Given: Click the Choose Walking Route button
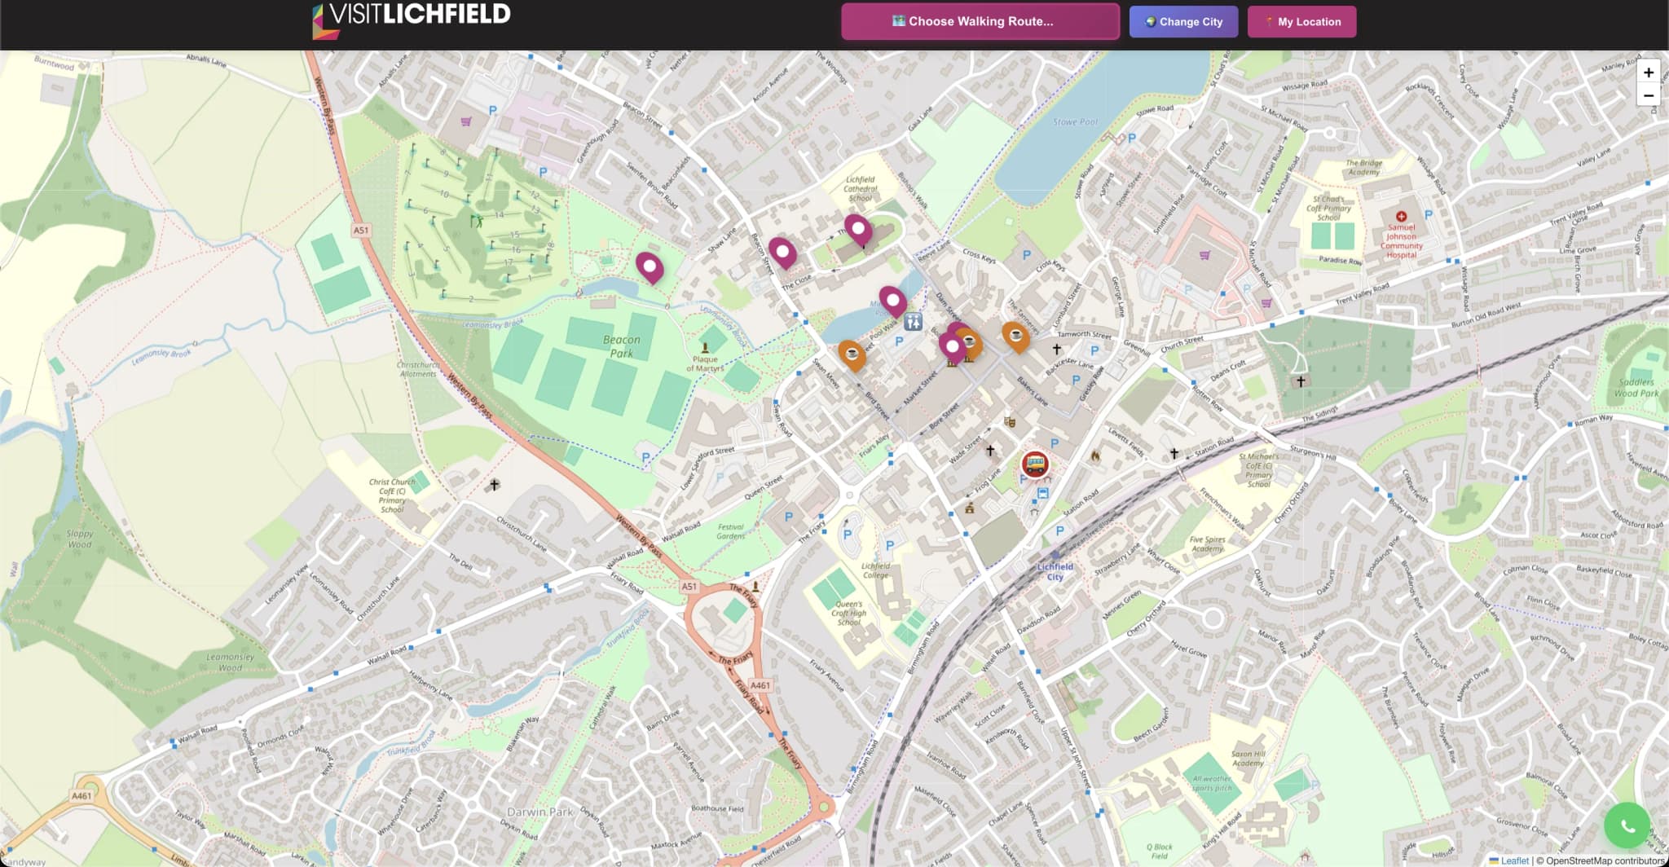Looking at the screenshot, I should [x=980, y=22].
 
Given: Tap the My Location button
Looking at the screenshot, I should [x=1301, y=22].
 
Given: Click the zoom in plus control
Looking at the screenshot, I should [x=1648, y=73].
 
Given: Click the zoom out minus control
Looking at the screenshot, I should [x=1648, y=95].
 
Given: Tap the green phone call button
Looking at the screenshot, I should [x=1627, y=826].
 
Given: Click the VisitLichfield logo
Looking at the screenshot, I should [x=412, y=20].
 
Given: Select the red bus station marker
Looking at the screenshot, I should [x=1035, y=464].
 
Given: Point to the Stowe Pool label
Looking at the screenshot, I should [x=1075, y=122].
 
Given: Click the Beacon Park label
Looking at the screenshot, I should [x=622, y=346].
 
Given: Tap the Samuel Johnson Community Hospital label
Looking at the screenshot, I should [x=1401, y=241].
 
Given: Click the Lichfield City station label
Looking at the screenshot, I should [x=1055, y=572].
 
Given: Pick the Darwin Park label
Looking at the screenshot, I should [x=540, y=812].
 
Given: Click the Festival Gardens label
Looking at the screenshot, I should [x=731, y=531].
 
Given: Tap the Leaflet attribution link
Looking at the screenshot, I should [x=1514, y=860].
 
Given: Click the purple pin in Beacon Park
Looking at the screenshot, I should [x=649, y=266].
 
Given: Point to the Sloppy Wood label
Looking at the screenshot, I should [x=80, y=539].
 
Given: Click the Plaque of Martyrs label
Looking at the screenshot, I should [x=705, y=363].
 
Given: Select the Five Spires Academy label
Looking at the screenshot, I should [x=1207, y=544].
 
